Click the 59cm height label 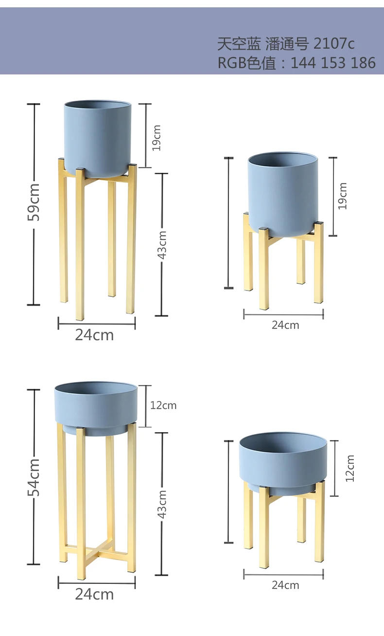(x=34, y=202)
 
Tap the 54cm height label (x=34, y=477)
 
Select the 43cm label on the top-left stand (x=162, y=245)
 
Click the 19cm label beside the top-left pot (x=156, y=138)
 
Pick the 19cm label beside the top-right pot (x=343, y=196)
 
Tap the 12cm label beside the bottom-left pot (x=163, y=405)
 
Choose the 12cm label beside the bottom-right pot (x=350, y=468)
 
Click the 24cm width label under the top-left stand (x=94, y=335)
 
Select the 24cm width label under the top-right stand (x=285, y=325)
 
